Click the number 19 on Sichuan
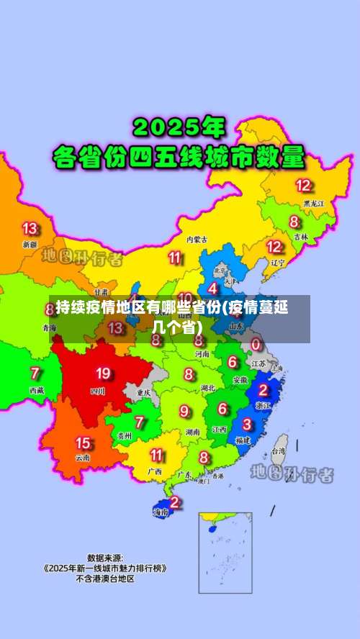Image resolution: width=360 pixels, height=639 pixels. point(103,373)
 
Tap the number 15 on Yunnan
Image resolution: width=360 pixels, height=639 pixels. point(84,443)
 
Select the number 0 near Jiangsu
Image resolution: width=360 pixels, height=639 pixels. point(256,345)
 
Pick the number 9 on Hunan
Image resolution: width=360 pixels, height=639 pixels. point(185,411)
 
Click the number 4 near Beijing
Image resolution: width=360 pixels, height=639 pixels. point(213,288)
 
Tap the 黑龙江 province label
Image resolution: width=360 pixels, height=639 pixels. point(313,204)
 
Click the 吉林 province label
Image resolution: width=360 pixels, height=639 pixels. point(300,236)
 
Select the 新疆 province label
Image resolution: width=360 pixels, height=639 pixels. point(30,245)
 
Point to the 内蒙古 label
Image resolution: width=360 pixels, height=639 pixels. point(197,238)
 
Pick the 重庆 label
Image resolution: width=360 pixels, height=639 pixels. point(143,393)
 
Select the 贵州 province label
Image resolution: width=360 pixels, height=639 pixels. point(125,435)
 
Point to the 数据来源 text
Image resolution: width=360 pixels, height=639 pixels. point(105,557)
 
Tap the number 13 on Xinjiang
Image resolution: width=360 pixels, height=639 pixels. point(30,229)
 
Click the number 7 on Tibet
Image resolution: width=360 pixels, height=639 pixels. point(35,373)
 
